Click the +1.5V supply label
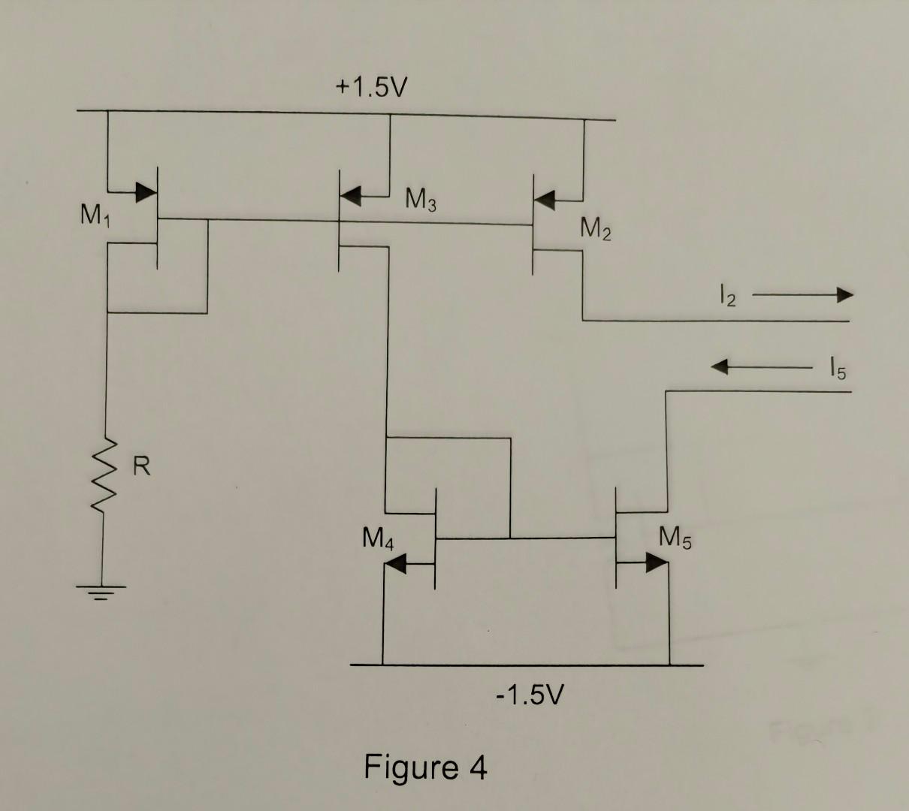point(370,89)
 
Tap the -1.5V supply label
point(528,695)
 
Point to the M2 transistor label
point(595,228)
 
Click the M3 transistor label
point(421,200)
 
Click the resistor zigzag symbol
point(107,473)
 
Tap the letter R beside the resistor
point(142,467)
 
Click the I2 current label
point(723,298)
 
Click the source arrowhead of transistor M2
point(546,199)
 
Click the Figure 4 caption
point(425,767)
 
